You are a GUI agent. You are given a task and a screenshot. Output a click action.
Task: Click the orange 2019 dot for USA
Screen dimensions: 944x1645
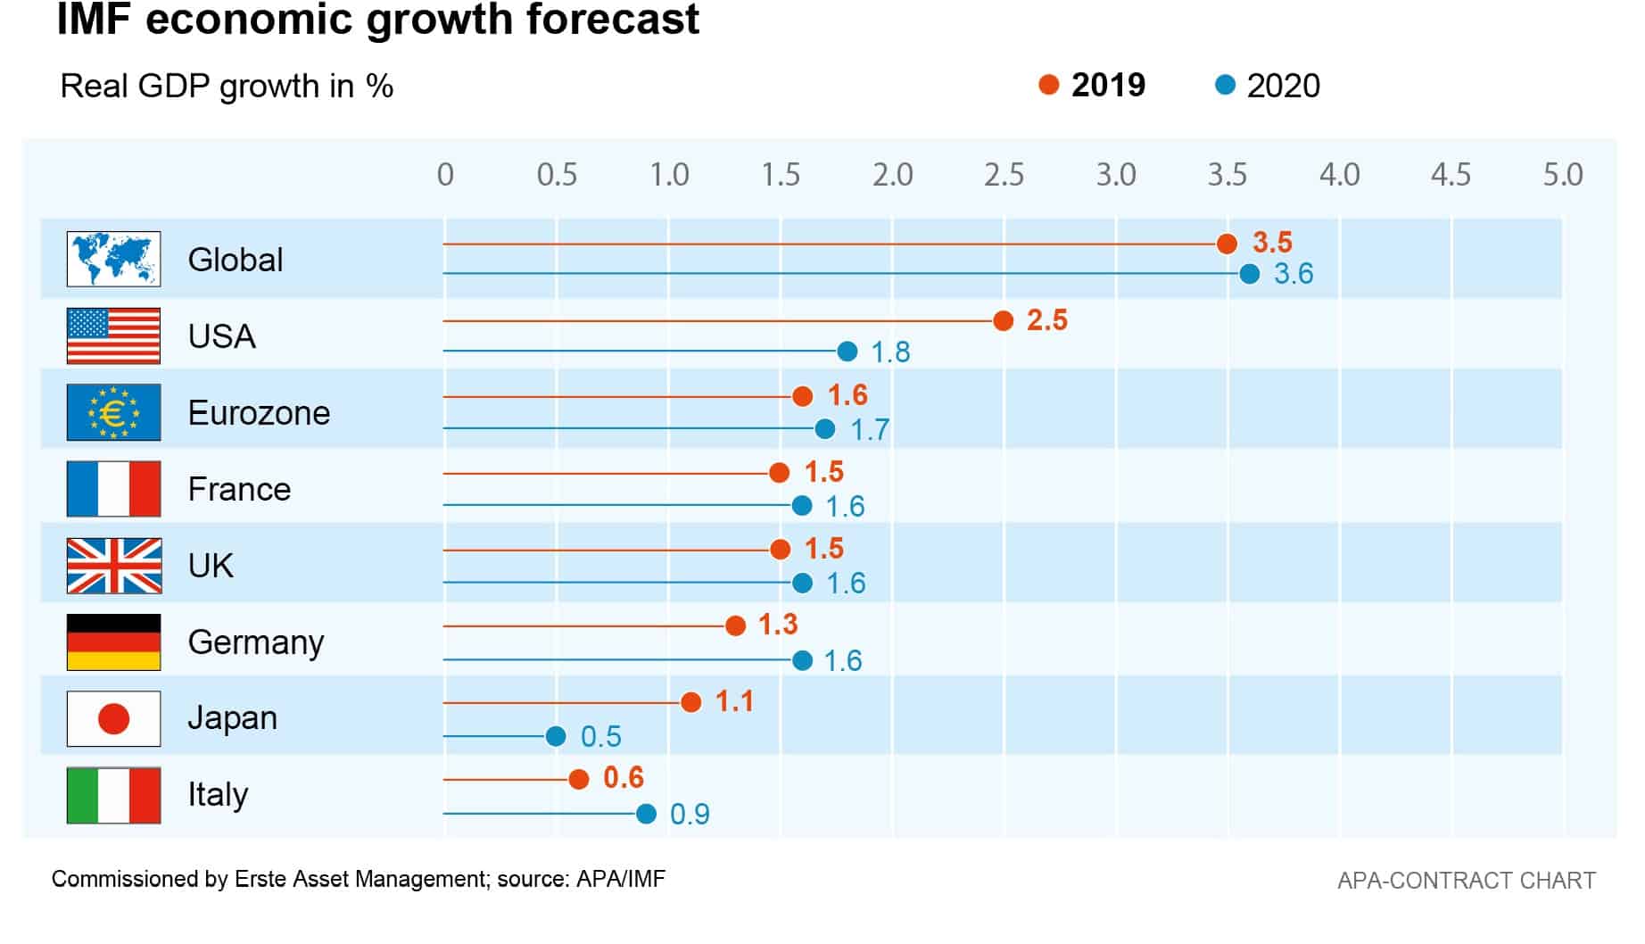(x=1003, y=320)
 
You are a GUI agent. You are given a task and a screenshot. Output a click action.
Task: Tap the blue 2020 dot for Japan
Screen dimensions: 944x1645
(x=556, y=736)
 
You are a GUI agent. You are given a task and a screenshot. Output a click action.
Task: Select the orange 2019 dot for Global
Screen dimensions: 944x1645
(x=1227, y=244)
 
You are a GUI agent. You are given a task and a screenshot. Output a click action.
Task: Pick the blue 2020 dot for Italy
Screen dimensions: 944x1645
(x=646, y=814)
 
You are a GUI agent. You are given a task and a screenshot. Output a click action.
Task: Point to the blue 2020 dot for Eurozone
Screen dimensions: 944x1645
(x=825, y=429)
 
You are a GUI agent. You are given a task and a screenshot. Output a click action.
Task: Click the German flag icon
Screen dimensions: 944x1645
(x=113, y=642)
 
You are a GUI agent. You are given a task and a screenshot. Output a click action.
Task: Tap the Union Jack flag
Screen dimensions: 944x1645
(x=113, y=566)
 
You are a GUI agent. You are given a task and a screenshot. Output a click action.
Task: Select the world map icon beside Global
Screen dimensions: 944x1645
(x=113, y=259)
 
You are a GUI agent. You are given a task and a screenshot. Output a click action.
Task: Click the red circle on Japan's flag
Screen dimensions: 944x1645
(x=113, y=718)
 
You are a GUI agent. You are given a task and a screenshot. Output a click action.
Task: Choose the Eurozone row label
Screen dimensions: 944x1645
(x=259, y=413)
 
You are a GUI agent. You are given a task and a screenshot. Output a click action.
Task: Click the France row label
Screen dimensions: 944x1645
(x=239, y=490)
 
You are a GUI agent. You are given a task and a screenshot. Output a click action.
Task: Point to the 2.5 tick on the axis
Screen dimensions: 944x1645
(x=1004, y=175)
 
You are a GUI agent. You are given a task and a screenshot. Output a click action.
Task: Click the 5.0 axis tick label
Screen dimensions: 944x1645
(x=1563, y=175)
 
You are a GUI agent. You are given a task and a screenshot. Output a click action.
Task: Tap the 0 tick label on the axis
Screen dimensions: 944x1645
(x=445, y=175)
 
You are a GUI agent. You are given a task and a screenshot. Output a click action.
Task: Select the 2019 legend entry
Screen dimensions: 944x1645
(x=1093, y=86)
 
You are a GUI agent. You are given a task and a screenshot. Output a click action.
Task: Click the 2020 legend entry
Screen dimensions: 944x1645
(x=1268, y=86)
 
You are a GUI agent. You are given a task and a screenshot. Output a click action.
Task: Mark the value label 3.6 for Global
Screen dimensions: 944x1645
(x=1294, y=274)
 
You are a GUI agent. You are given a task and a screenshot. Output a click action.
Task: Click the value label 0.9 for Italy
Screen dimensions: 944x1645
(x=690, y=815)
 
